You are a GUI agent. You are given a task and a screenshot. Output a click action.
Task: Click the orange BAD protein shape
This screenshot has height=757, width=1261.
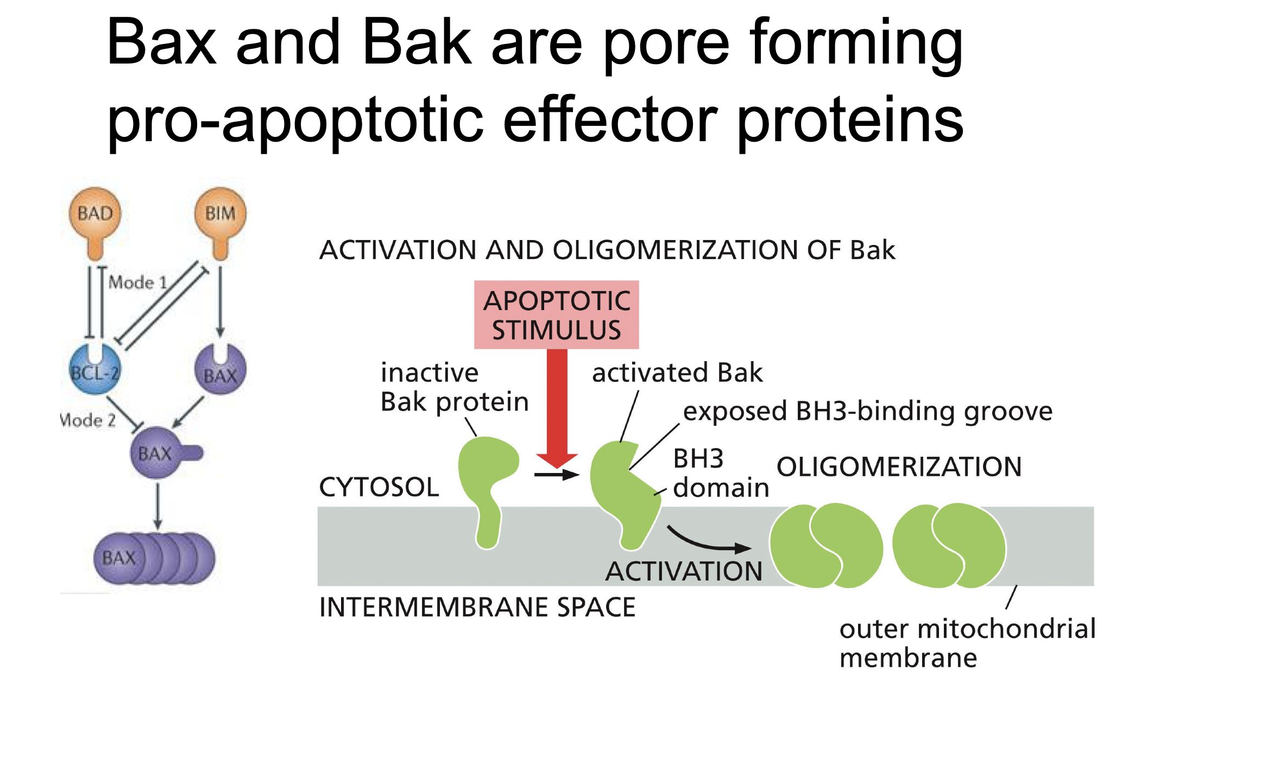(95, 217)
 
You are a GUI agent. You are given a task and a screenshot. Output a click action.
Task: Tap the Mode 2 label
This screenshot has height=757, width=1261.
(87, 420)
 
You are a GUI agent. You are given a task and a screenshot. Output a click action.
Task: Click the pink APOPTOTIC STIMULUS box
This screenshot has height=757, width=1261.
(556, 315)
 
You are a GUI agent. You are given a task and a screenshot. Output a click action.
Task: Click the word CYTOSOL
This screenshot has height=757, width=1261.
(379, 487)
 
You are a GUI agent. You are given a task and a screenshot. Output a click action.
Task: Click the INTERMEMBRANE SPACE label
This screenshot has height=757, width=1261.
(477, 607)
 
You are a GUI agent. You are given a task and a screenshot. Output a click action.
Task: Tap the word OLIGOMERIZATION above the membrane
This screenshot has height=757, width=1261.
(899, 467)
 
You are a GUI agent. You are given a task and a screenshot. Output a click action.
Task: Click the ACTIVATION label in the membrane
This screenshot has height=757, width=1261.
(684, 571)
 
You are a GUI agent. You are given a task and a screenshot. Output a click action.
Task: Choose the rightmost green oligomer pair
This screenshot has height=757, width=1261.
(949, 545)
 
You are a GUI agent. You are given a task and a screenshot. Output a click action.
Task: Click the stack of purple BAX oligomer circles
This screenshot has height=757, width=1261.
(155, 558)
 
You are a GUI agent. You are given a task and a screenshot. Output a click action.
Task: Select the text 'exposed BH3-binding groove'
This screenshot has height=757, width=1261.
(867, 411)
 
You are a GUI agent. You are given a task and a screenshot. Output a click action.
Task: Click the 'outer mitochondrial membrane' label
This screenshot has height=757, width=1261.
(967, 644)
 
